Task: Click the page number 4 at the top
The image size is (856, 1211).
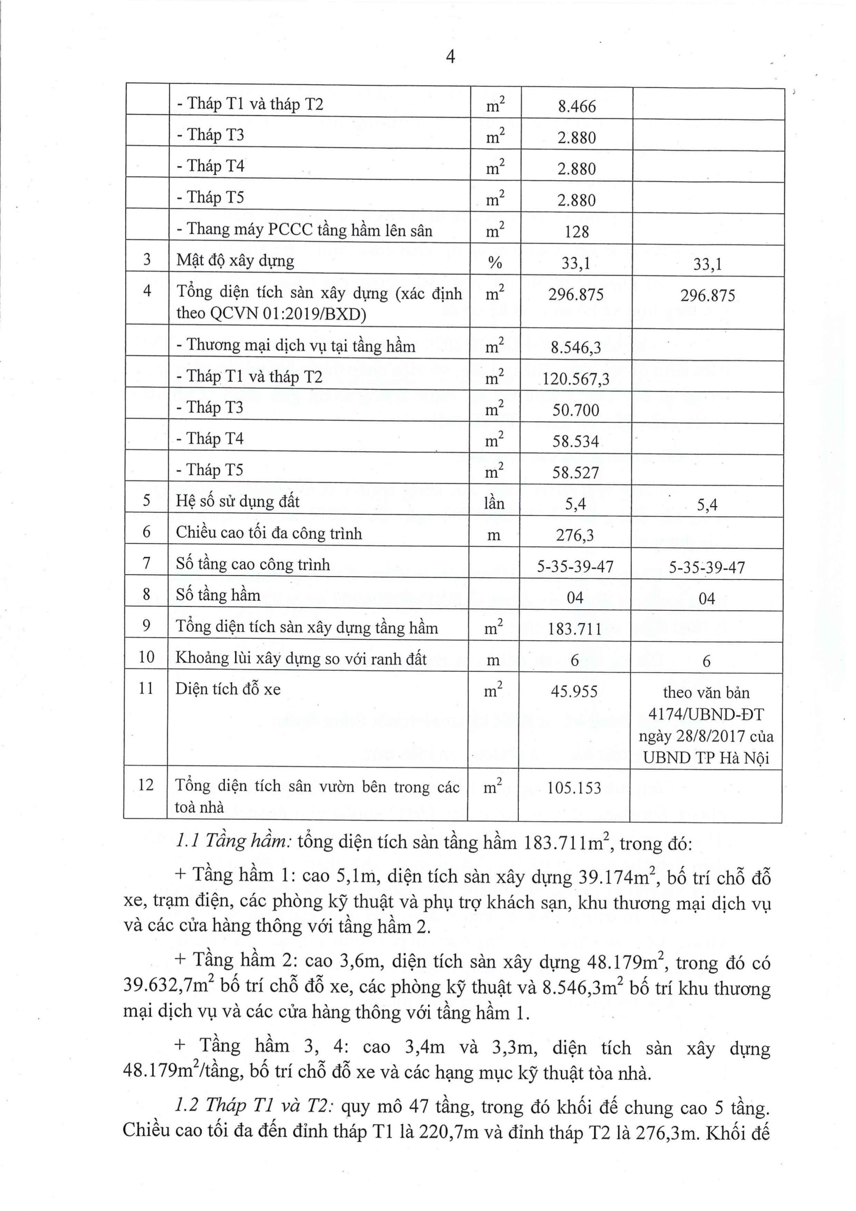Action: (450, 56)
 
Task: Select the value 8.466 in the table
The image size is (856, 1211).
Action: (576, 106)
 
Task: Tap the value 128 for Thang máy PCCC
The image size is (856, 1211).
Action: (576, 231)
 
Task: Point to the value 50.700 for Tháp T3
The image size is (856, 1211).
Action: (576, 410)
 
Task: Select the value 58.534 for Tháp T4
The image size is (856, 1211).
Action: (576, 441)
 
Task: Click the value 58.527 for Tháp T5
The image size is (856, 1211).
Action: (576, 472)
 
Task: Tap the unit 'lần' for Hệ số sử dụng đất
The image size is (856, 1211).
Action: (494, 503)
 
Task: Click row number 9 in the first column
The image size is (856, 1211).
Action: (146, 626)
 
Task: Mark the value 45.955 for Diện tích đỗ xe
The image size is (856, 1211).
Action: (574, 691)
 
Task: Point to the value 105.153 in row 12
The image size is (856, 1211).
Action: (574, 788)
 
